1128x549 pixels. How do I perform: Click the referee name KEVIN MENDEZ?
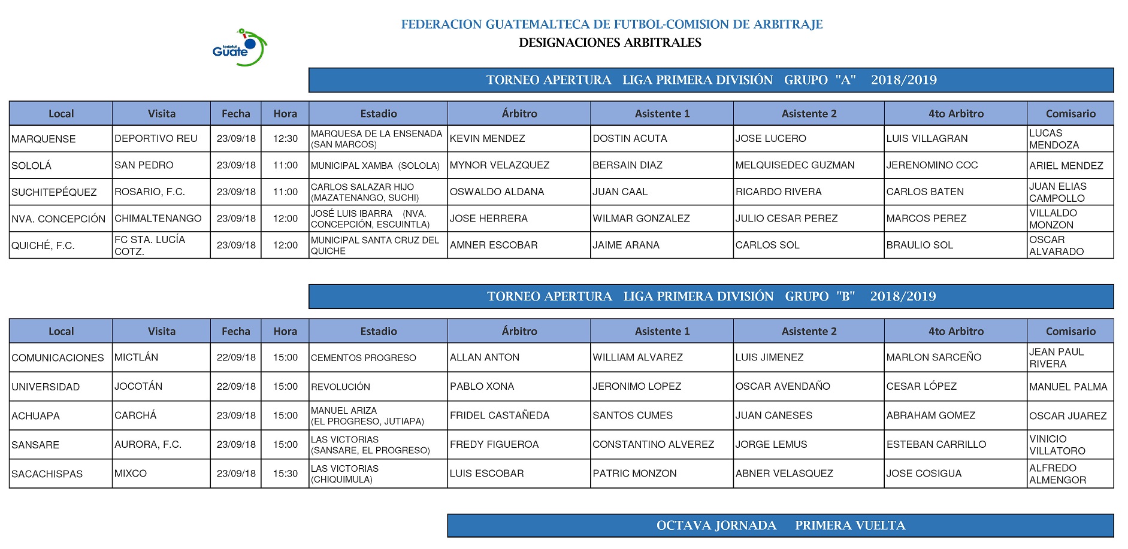point(487,138)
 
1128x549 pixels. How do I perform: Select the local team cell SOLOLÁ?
point(32,165)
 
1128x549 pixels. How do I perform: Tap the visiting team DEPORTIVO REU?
point(156,138)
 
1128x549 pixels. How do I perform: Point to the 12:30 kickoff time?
point(285,138)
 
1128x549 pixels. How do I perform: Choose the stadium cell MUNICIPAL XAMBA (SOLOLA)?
point(375,165)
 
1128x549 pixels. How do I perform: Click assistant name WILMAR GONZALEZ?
point(641,219)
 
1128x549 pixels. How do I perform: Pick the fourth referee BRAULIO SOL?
point(920,245)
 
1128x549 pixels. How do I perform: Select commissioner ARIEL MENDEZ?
point(1066,165)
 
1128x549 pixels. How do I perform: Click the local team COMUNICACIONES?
point(58,357)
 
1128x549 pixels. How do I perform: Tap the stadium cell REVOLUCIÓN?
point(340,387)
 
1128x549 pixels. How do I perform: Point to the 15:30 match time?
point(285,474)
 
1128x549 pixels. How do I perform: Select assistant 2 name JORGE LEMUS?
point(771,444)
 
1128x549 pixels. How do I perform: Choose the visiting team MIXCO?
point(131,474)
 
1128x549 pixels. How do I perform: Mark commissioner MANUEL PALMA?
point(1068,387)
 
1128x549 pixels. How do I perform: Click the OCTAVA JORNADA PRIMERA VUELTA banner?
point(780,526)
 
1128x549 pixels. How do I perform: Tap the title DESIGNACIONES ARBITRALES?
point(610,43)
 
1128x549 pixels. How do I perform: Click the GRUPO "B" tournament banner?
point(711,296)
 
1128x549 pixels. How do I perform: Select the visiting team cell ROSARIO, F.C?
point(150,192)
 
